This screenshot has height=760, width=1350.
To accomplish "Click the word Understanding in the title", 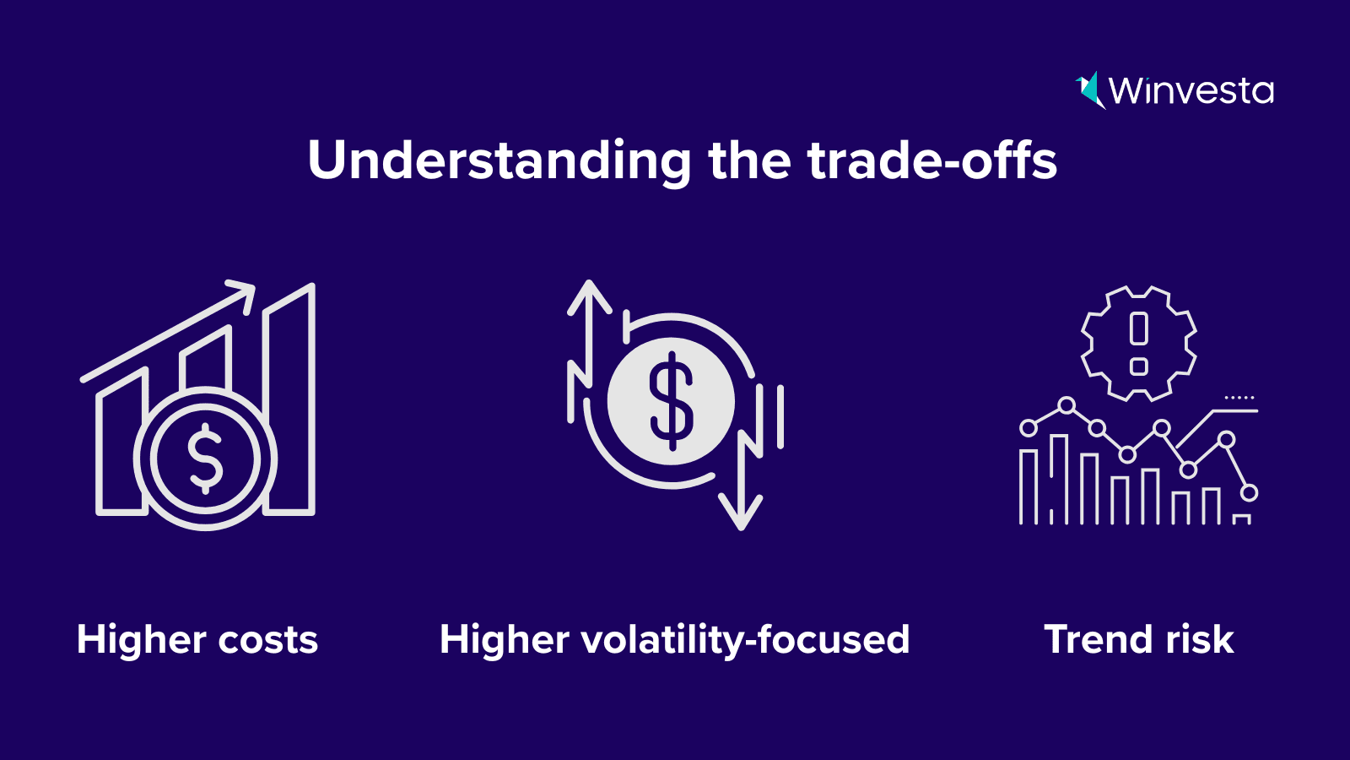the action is tap(499, 161).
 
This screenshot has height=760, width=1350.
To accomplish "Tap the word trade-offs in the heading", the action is tap(932, 160).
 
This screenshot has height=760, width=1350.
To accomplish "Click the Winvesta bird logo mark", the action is tap(1091, 90).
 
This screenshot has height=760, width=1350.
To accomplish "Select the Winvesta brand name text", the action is tap(1191, 91).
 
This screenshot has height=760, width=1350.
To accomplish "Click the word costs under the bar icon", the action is tap(267, 640).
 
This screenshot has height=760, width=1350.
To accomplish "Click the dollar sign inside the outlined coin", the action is tap(206, 459).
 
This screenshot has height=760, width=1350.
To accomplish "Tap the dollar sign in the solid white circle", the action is tap(671, 401).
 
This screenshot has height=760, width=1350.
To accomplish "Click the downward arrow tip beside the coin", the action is tap(741, 527).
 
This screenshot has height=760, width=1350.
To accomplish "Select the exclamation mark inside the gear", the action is tap(1138, 344).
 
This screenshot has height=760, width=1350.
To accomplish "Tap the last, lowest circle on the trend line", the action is tap(1250, 493).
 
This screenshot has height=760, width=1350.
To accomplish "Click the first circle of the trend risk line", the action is tap(1029, 428).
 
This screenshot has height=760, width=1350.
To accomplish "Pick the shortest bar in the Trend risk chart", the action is tap(1241, 519).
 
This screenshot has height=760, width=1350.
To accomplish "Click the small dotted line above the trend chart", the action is tap(1239, 398).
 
